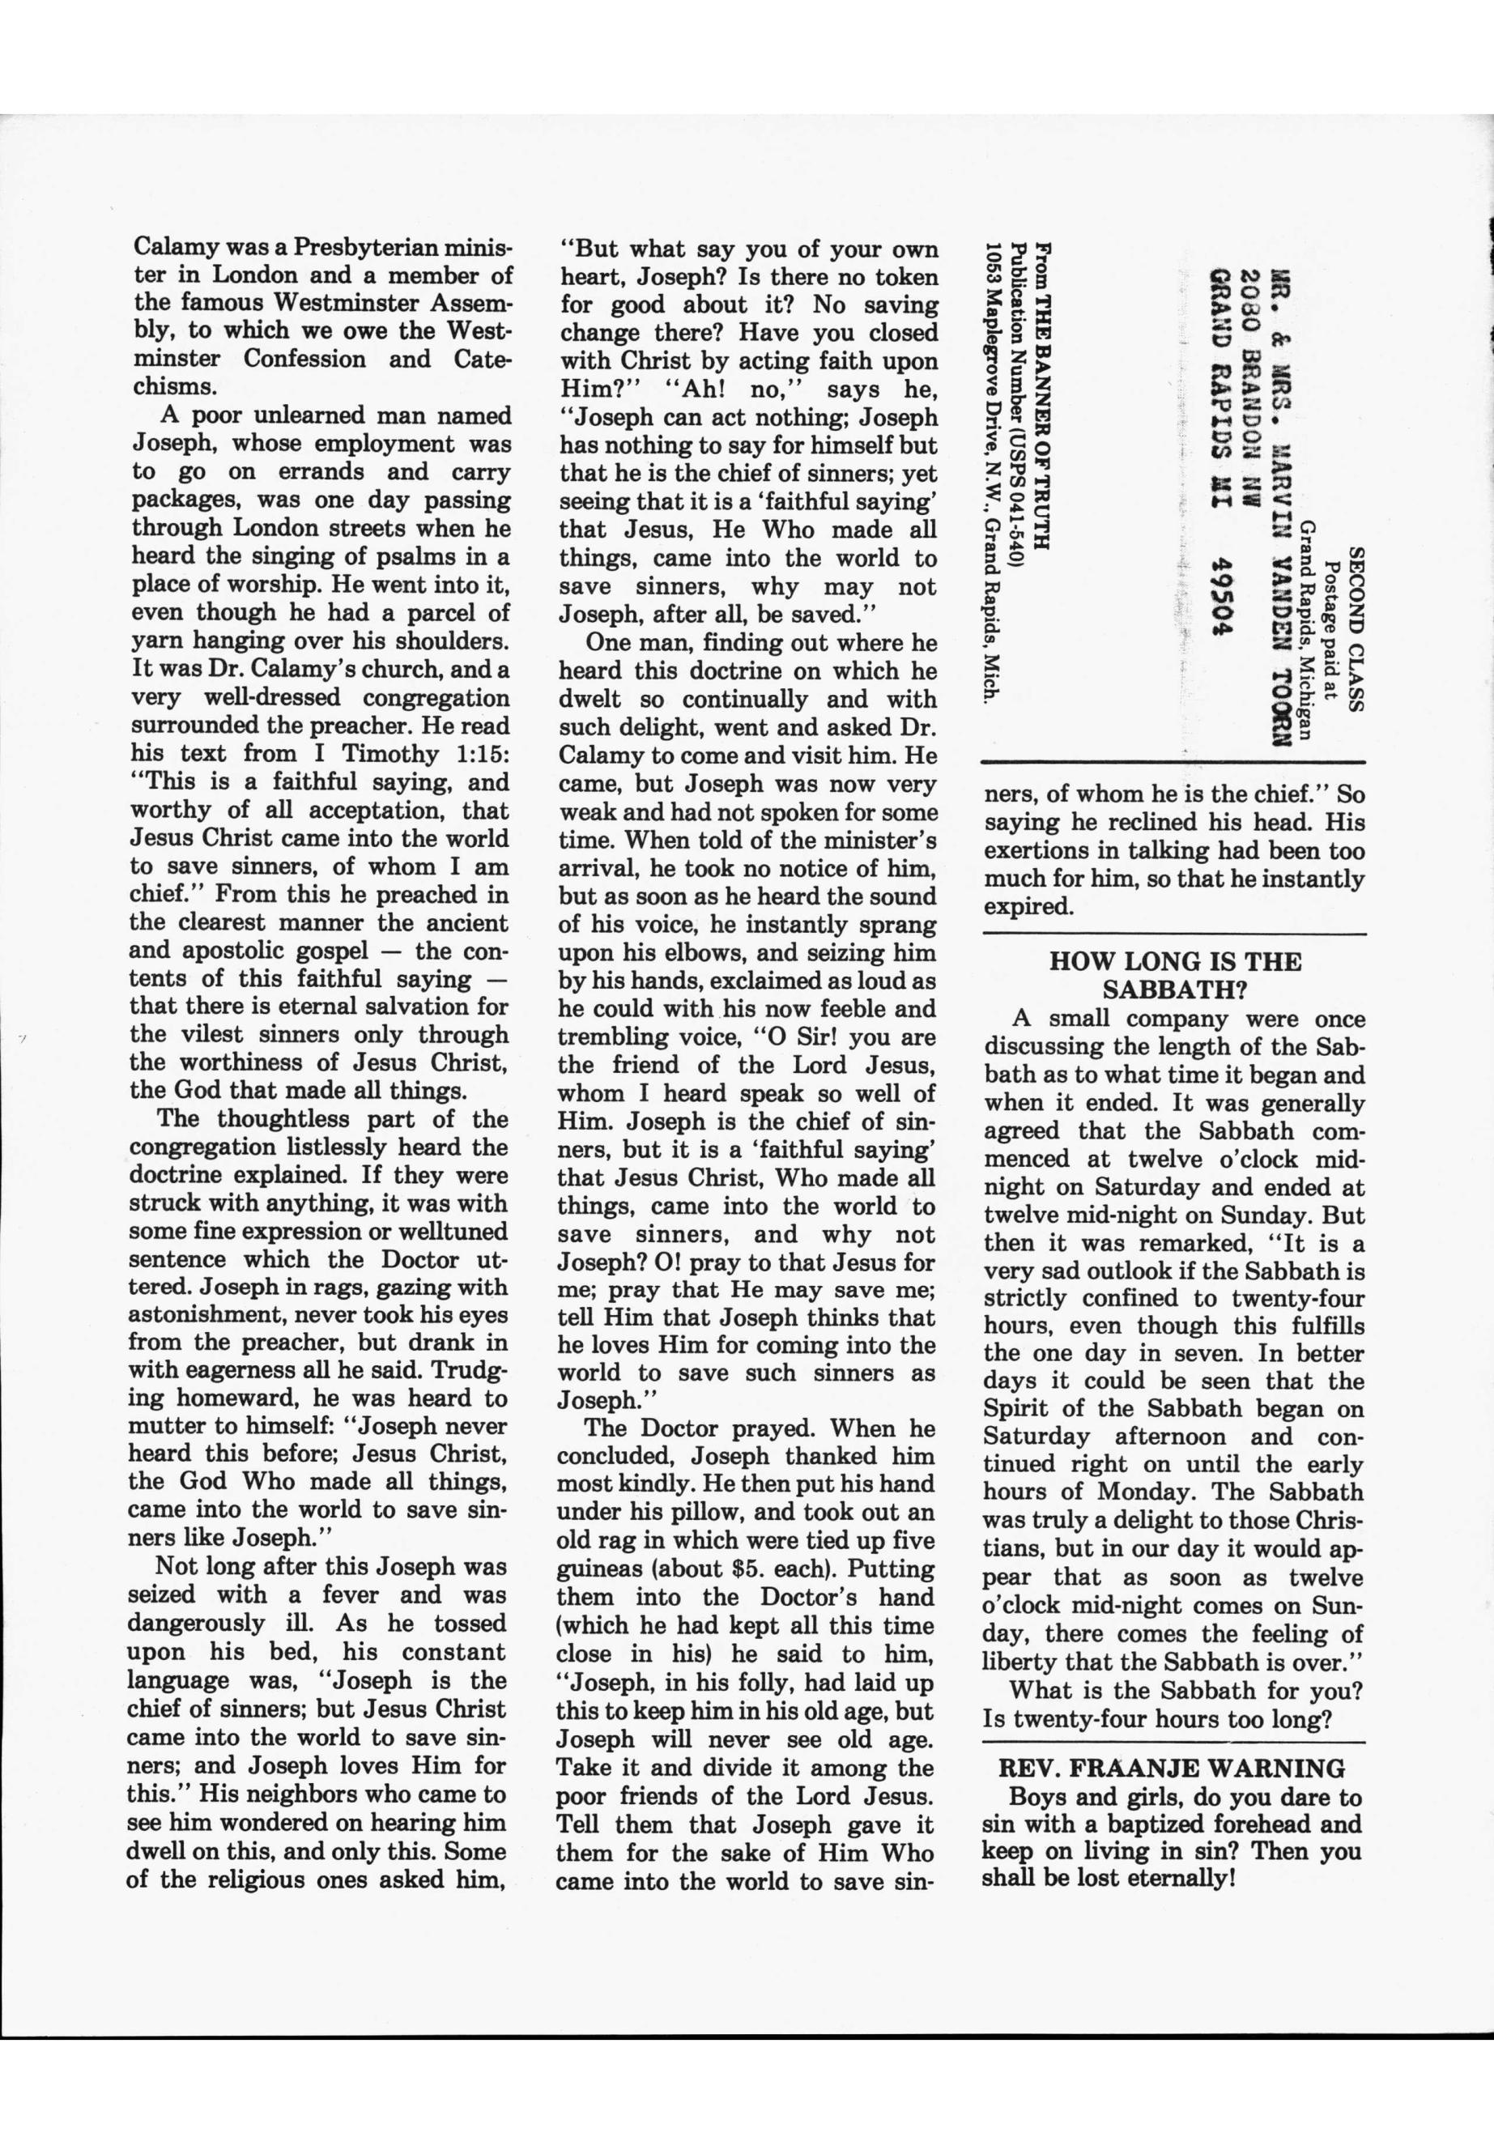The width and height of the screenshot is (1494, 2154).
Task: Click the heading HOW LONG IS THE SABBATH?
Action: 1175,976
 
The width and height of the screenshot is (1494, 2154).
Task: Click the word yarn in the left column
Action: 155,641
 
